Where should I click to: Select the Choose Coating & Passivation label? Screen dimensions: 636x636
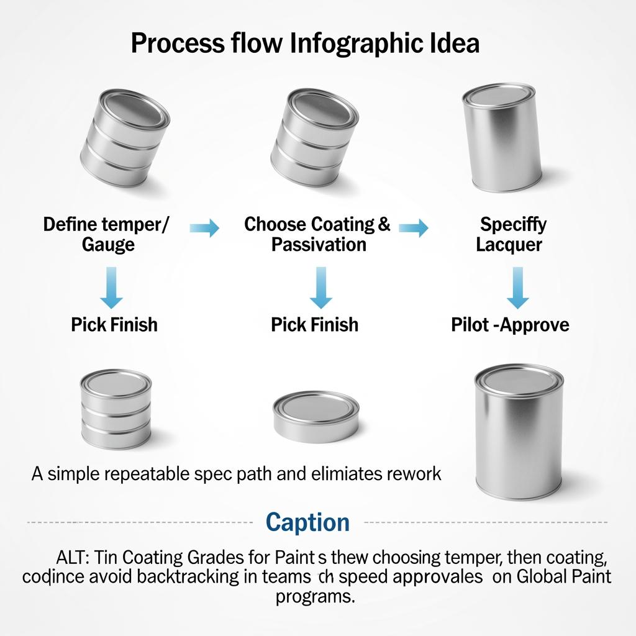coord(317,234)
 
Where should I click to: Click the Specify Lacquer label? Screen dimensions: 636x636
coord(512,234)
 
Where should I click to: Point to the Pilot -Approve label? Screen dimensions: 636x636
coord(510,325)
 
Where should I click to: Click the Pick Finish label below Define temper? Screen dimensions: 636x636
coord(114,325)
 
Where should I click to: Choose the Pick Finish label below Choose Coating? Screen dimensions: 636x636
coord(315,325)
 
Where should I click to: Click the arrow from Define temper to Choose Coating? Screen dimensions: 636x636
coord(205,229)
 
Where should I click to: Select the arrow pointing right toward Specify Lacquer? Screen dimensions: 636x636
coord(414,229)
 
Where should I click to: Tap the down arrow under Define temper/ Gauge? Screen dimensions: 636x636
coord(112,288)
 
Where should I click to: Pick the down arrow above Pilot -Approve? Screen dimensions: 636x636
coord(517,288)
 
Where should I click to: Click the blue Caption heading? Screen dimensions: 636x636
coord(308,522)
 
